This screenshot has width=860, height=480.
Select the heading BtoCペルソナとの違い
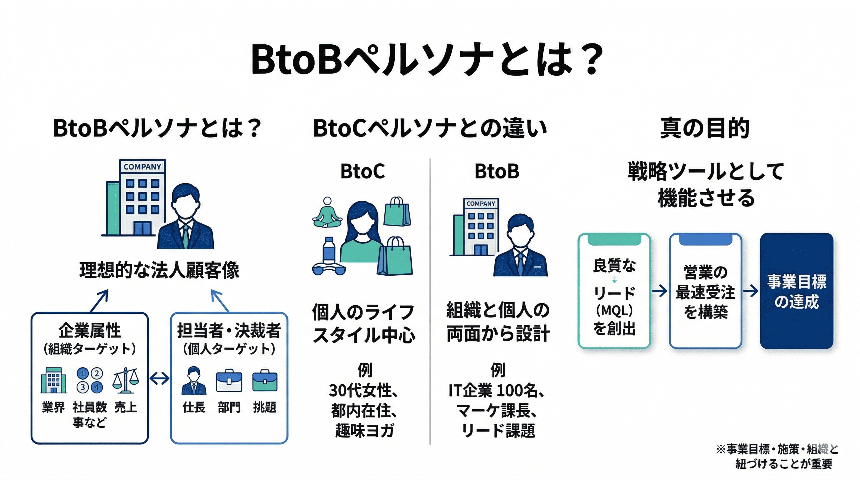(x=430, y=128)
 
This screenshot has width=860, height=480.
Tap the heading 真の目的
(x=705, y=128)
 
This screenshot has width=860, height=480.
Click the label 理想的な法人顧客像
(x=159, y=270)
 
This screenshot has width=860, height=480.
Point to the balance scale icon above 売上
(x=126, y=381)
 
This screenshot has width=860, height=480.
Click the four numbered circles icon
(x=89, y=380)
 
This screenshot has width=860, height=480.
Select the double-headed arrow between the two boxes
(x=159, y=378)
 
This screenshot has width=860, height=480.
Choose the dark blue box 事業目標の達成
(x=796, y=291)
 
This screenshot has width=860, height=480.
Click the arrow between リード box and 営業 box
(x=659, y=291)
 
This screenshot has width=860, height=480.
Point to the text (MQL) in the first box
(x=614, y=311)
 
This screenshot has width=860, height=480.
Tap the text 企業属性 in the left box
(x=89, y=330)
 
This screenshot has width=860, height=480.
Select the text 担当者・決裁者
(x=229, y=330)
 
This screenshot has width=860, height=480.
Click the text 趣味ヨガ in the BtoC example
(x=365, y=431)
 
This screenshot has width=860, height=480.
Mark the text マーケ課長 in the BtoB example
(x=497, y=411)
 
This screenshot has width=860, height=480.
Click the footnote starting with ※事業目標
(x=777, y=456)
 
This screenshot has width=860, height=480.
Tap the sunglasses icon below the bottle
(x=328, y=269)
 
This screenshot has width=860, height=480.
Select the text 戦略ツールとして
(x=705, y=172)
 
